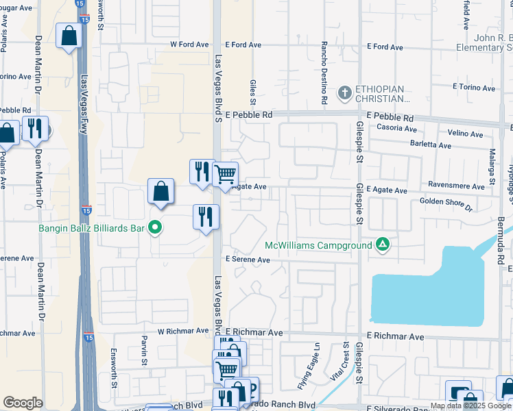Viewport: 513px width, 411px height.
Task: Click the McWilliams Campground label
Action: pyautogui.click(x=319, y=245)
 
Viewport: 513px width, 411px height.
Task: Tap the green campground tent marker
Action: pyautogui.click(x=383, y=245)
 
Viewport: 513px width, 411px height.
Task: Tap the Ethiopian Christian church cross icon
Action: pyautogui.click(x=344, y=92)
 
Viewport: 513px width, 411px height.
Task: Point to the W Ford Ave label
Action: pyautogui.click(x=189, y=45)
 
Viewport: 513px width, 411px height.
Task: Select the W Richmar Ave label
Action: pyautogui.click(x=182, y=331)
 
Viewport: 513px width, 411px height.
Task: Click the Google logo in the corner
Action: pyautogui.click(x=23, y=403)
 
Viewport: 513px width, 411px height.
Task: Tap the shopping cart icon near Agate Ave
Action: pyautogui.click(x=225, y=174)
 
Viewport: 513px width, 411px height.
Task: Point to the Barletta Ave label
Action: pyautogui.click(x=431, y=145)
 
